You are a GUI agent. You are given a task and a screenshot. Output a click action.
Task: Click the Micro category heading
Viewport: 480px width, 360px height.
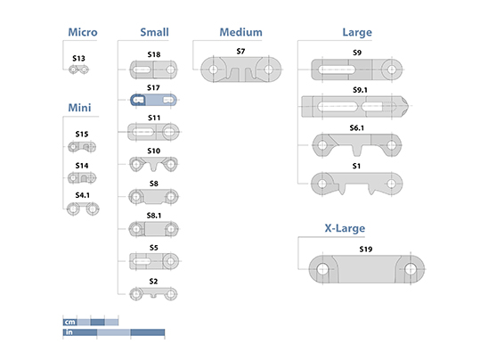83,32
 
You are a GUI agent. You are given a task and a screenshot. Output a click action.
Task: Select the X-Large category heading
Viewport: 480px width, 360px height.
345,228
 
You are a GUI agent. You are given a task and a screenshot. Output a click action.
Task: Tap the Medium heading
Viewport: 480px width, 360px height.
241,32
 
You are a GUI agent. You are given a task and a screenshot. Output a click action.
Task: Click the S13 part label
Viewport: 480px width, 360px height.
78,58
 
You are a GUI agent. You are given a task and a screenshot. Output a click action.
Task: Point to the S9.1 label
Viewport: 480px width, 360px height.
360,90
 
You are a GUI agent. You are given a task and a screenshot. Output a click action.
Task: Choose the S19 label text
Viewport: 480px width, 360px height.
366,250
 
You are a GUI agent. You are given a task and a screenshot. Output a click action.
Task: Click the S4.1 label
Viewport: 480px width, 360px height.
82,195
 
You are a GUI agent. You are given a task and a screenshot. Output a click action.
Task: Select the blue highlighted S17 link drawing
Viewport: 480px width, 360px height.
153,100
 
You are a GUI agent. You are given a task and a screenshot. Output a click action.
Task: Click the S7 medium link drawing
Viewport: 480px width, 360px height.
241,70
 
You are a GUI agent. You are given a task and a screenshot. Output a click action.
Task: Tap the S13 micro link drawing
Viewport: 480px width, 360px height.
78,70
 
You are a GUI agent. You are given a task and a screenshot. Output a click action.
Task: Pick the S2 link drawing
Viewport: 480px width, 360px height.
153,294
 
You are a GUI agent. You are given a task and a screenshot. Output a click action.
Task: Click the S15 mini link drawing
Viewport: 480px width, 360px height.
82,147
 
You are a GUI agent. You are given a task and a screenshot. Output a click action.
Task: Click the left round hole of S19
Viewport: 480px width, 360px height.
322,269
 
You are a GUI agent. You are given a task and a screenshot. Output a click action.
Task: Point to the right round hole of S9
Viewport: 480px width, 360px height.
392,70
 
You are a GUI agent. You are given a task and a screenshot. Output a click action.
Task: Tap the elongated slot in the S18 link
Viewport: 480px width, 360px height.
142,70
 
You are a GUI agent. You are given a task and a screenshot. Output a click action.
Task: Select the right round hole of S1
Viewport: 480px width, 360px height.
392,184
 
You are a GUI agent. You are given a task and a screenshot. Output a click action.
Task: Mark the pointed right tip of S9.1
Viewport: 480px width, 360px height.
409,106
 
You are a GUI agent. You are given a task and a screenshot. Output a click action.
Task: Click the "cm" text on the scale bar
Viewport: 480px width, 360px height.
69,322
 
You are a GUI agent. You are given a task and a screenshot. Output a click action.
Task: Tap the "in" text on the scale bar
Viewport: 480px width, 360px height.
69,332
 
